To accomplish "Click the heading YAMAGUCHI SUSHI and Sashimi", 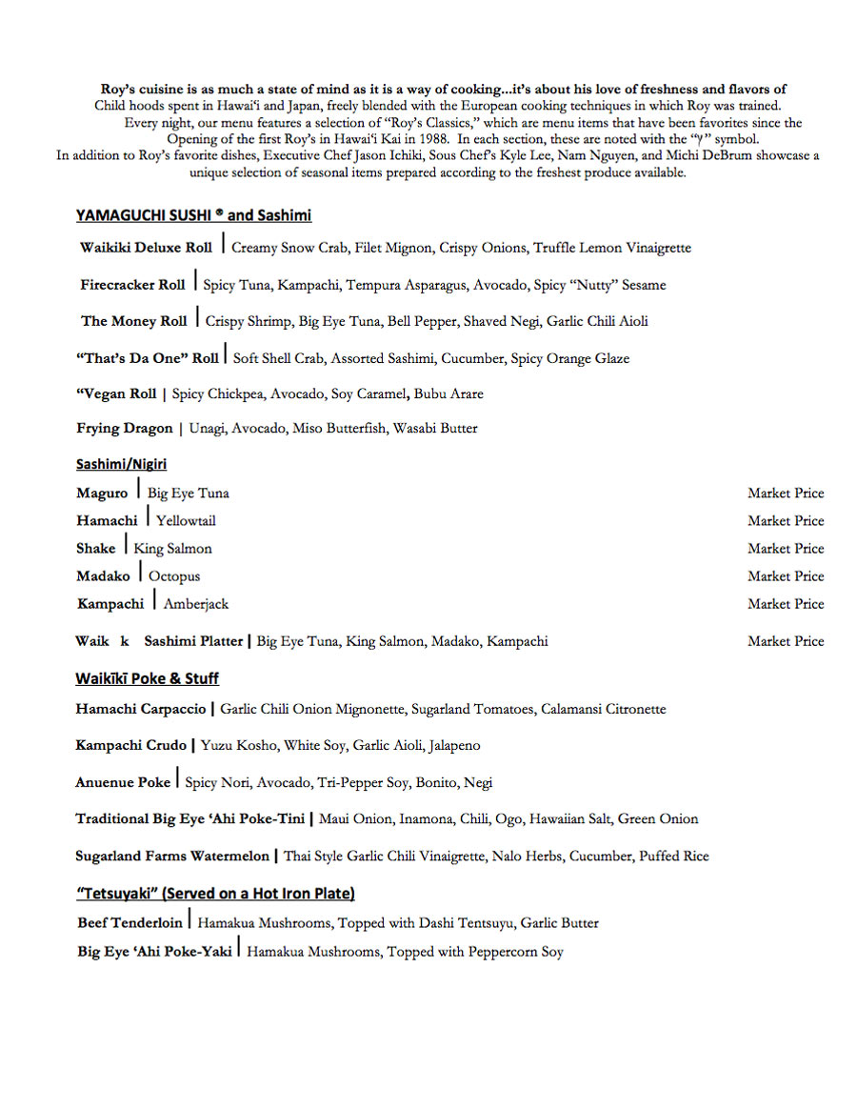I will pos(193,215).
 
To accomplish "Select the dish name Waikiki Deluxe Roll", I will pos(146,248).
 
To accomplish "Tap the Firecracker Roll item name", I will pos(132,285).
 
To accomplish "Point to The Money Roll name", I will pos(133,321).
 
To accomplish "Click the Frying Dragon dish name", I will pos(125,429).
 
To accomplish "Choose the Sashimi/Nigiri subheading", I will pos(121,464).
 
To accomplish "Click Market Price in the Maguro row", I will pos(786,494).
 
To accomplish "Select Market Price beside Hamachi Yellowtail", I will pos(786,521).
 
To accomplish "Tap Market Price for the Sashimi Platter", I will pos(786,641).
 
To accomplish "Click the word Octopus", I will pos(174,576).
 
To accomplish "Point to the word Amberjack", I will pos(196,604).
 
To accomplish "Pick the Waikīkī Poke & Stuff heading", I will pos(147,678).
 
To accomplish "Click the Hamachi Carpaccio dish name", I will pos(141,710).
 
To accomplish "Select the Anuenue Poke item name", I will pos(123,783).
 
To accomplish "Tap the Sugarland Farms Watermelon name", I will pos(172,857).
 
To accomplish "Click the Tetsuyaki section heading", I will pos(215,894).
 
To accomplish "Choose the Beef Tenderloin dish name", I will pos(130,923).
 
